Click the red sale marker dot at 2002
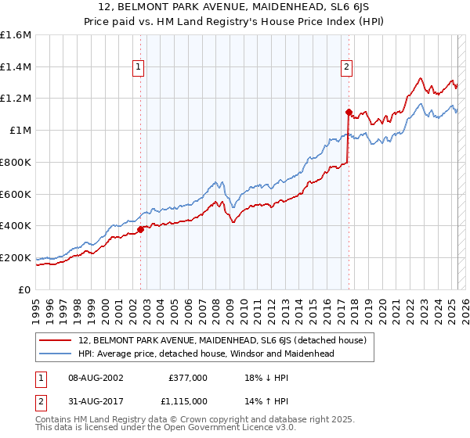point(141,229)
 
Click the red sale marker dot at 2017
point(349,112)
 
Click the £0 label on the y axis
point(25,289)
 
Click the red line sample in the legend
point(56,340)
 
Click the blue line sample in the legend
point(56,354)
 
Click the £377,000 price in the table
point(188,377)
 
